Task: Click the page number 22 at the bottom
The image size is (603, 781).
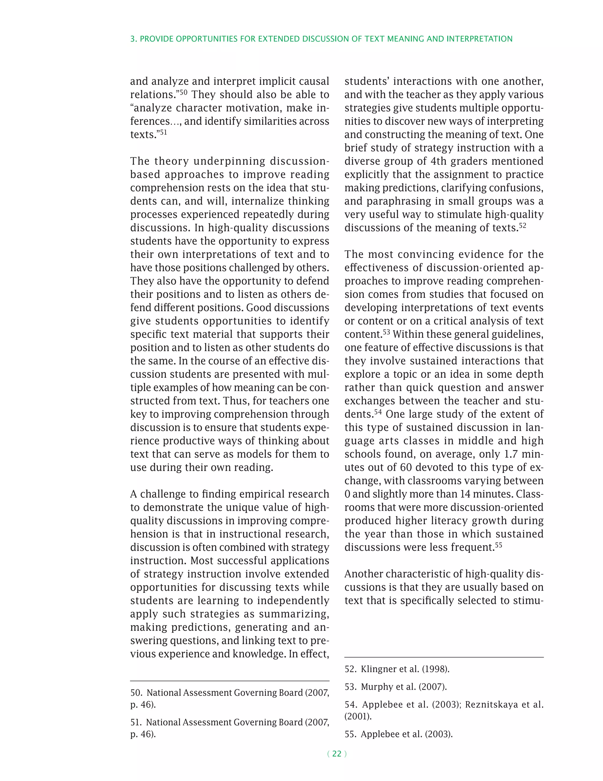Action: [x=337, y=754]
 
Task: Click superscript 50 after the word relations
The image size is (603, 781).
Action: [x=183, y=92]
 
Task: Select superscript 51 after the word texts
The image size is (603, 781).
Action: [x=163, y=132]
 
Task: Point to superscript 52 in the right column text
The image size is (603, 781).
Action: [x=522, y=226]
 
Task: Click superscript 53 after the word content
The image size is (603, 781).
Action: [x=386, y=332]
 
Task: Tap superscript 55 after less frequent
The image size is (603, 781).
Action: [x=498, y=545]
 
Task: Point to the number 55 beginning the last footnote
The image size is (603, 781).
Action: [x=350, y=734]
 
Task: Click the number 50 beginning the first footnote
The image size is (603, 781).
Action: [x=136, y=693]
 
